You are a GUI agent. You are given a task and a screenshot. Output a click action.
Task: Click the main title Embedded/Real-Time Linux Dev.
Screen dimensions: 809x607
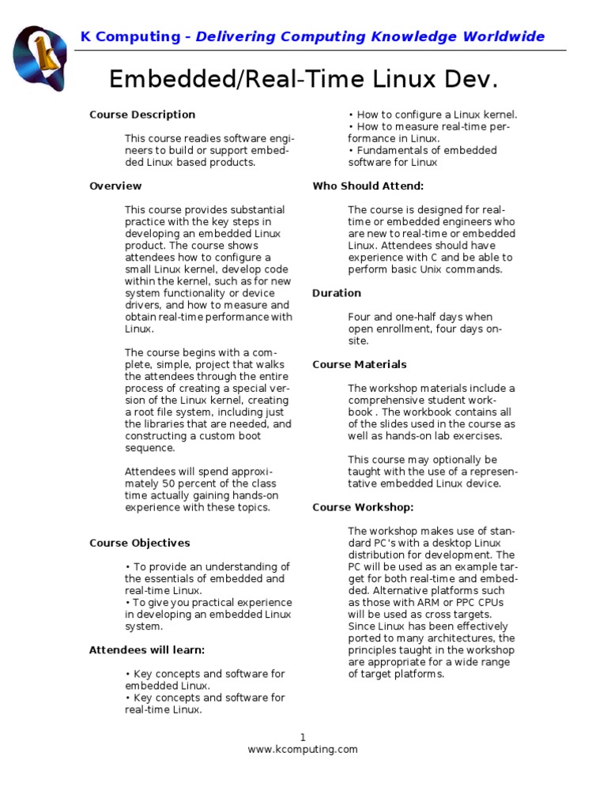click(x=303, y=79)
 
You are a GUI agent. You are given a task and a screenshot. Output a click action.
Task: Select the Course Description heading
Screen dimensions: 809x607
click(x=142, y=115)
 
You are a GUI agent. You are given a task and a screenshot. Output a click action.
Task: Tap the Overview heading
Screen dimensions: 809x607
click(x=115, y=186)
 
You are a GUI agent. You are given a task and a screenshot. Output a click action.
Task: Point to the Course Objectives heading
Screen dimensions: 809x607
click(x=140, y=543)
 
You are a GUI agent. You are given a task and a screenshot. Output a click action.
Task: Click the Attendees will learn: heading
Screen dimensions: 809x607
click(x=147, y=650)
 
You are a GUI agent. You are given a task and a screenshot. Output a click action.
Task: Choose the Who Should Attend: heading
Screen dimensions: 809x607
click(x=368, y=186)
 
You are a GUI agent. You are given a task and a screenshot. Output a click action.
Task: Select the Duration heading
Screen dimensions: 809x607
click(x=337, y=293)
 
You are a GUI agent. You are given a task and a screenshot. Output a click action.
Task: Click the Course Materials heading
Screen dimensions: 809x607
click(x=360, y=364)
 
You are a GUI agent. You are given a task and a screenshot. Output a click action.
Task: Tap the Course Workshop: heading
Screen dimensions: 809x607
click(x=363, y=507)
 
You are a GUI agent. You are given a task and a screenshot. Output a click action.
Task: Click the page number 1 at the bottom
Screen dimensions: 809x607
click(x=303, y=737)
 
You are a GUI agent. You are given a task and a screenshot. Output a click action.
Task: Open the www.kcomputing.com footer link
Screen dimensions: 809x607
click(x=303, y=749)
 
